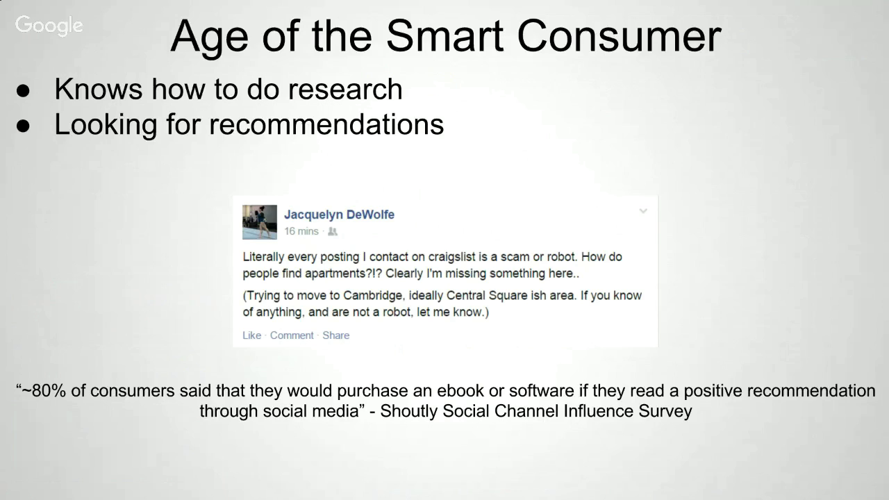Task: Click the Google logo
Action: click(49, 26)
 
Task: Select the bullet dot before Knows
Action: click(23, 90)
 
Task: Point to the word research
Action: click(345, 89)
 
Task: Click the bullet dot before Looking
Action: click(23, 126)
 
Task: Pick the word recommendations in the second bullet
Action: click(326, 124)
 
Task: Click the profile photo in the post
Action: click(260, 222)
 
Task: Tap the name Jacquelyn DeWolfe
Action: click(340, 215)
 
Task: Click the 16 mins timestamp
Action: click(301, 231)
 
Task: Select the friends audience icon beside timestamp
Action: click(333, 231)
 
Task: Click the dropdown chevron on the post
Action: click(643, 211)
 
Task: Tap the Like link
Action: click(251, 335)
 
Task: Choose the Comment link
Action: click(292, 335)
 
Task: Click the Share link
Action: click(335, 335)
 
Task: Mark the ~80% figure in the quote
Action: click(44, 391)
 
